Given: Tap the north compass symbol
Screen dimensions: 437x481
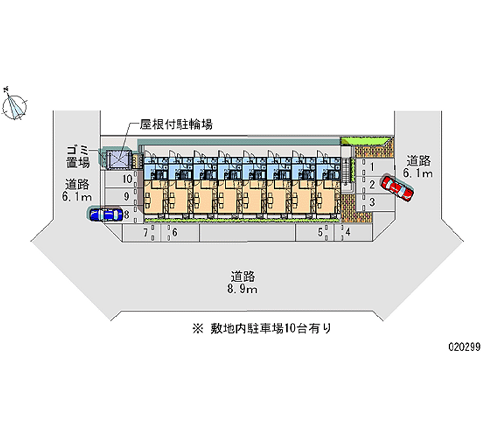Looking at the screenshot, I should pos(14,105).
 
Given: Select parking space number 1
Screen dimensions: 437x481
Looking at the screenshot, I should pos(372,167).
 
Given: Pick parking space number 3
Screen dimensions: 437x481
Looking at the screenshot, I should pos(372,202).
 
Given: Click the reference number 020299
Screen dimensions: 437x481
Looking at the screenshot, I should pos(462,347).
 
